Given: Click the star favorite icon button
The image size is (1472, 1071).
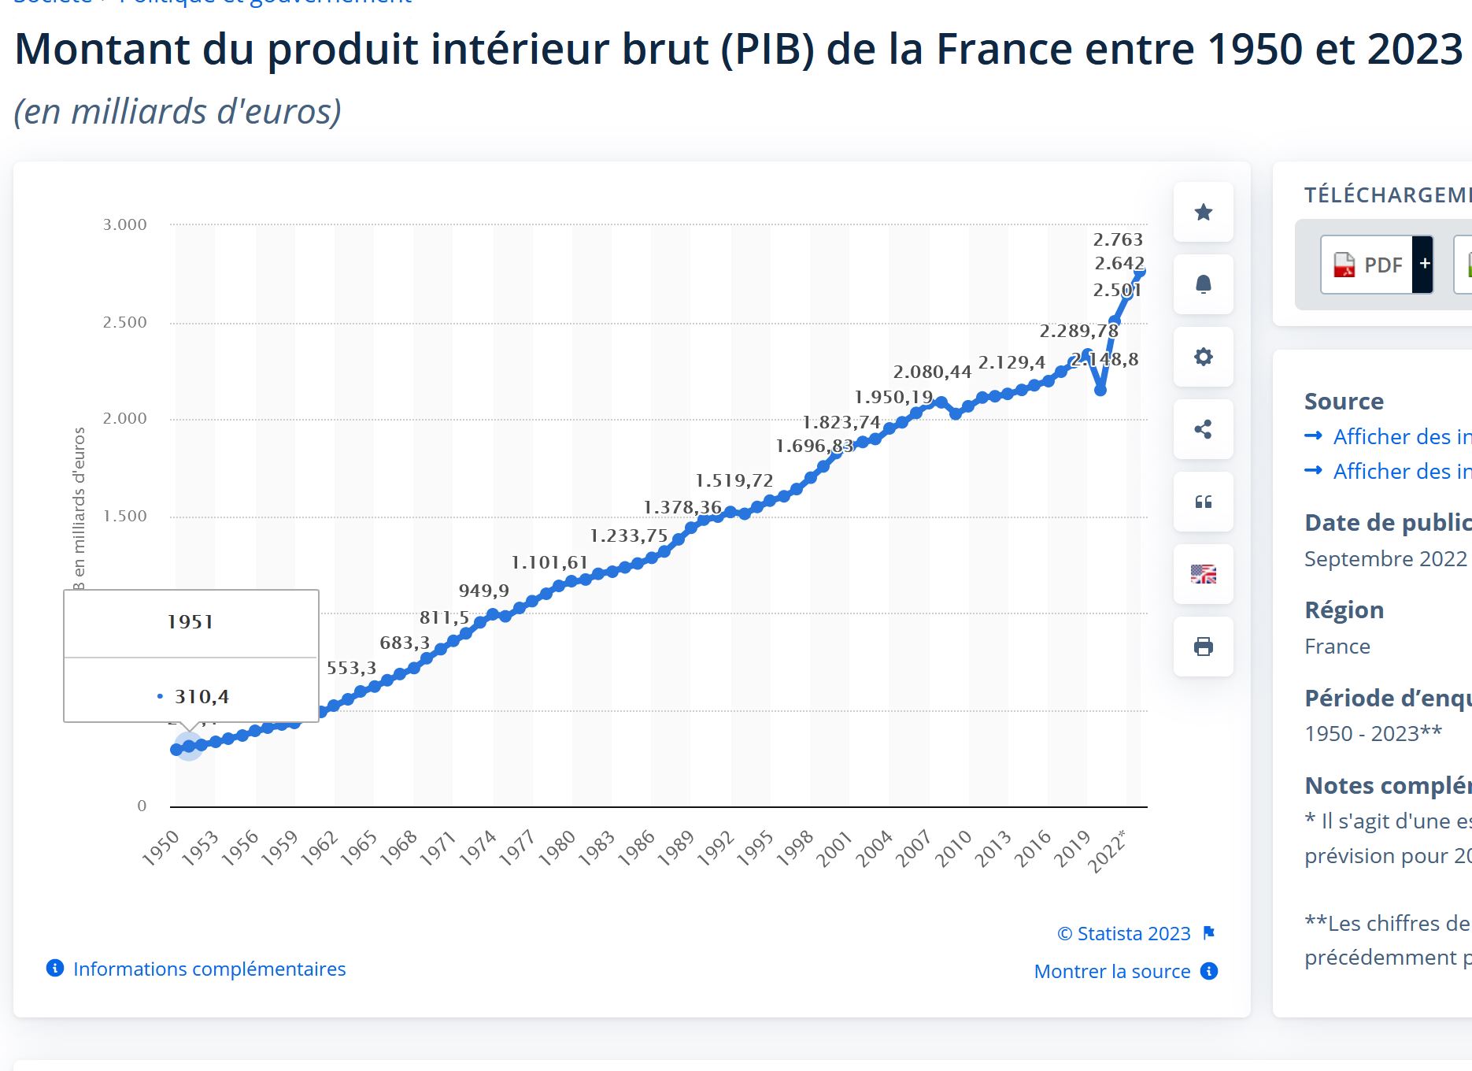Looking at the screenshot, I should click(1203, 212).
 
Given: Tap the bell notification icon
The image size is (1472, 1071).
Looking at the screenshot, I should click(1203, 284).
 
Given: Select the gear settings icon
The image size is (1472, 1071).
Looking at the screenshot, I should click(1203, 357).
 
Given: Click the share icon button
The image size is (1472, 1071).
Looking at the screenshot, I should click(1203, 429).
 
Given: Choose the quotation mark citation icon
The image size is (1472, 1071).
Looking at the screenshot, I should click(1203, 502).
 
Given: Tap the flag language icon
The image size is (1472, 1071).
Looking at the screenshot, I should click(1203, 574).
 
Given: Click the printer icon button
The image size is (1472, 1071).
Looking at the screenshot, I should click(1203, 647).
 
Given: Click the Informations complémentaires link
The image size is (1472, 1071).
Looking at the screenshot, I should click(209, 969).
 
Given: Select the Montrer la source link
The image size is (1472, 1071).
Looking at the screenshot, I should click(1111, 971).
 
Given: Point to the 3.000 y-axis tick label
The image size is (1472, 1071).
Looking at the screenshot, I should click(124, 224).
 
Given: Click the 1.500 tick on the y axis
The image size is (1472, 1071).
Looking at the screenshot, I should click(124, 516).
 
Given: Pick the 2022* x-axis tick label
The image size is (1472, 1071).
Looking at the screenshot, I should click(1107, 850).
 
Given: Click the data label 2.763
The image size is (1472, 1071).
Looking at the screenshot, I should click(1118, 239).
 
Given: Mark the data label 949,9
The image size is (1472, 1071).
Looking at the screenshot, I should click(483, 591).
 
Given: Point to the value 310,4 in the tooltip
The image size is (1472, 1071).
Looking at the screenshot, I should click(202, 696).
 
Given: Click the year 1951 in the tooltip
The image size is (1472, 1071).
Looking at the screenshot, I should click(190, 622).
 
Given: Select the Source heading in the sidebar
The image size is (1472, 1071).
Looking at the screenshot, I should click(1344, 401).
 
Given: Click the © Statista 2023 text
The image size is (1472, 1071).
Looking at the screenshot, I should click(1123, 933).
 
